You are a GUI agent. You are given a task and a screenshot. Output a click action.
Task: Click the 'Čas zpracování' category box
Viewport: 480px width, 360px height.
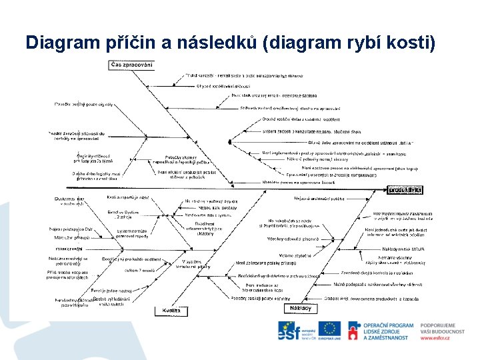132,65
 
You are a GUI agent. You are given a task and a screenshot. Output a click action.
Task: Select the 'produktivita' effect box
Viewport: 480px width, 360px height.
406,189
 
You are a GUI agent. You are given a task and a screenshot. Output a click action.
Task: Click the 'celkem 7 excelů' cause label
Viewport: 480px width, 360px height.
139,270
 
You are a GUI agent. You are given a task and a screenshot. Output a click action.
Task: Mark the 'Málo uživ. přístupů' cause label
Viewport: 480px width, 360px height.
73,237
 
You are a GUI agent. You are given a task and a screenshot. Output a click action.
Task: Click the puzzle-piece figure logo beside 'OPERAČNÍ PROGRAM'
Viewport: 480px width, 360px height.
354,331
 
